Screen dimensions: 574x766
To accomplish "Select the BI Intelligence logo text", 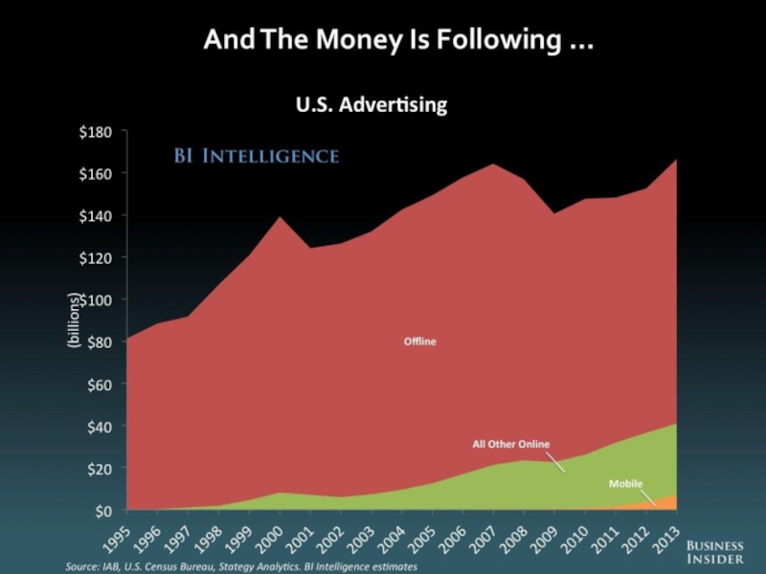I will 255,155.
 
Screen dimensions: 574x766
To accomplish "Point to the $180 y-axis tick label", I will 97,132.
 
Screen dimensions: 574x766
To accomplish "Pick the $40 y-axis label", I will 100,427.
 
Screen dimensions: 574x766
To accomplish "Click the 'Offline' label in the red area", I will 418,342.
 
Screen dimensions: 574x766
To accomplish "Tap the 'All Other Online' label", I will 511,444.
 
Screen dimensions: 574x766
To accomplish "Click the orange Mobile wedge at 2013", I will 670,503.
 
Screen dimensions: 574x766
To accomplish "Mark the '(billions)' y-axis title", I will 73,320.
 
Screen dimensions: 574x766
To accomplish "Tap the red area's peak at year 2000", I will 279,220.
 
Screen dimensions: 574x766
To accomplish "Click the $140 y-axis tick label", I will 97,216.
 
